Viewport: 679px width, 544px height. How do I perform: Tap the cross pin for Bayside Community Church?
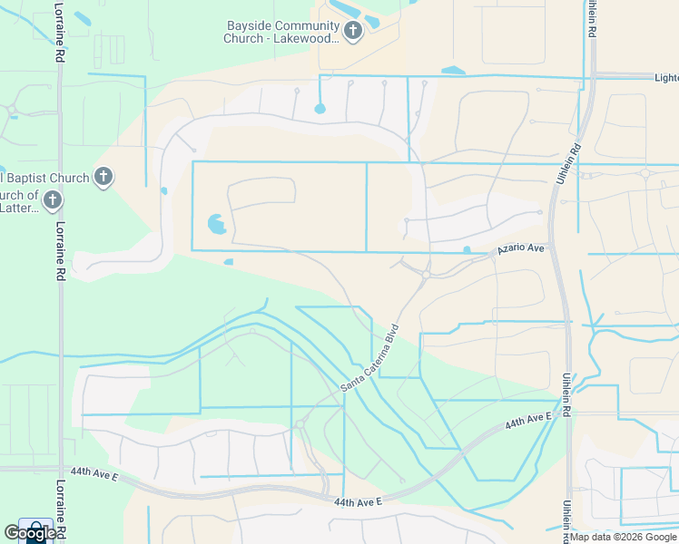353,33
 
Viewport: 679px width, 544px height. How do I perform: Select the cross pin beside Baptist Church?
104,177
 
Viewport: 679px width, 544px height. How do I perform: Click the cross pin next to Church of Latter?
54,200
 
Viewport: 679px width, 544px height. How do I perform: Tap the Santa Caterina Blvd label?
369,358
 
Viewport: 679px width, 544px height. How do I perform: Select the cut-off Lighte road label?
665,79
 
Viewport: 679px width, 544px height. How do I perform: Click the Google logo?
29,534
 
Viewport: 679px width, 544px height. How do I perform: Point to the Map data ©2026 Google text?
623,537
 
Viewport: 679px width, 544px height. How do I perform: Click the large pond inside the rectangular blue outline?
216,222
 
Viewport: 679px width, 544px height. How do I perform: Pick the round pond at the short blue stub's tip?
320,109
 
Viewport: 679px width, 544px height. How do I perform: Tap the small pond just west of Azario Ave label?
467,250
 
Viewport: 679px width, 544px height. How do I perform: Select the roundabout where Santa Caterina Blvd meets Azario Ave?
425,274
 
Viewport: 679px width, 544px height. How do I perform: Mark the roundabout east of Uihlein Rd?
645,173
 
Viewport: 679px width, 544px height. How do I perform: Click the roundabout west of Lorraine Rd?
12,113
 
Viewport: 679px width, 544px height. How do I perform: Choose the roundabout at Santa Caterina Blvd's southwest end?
299,424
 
